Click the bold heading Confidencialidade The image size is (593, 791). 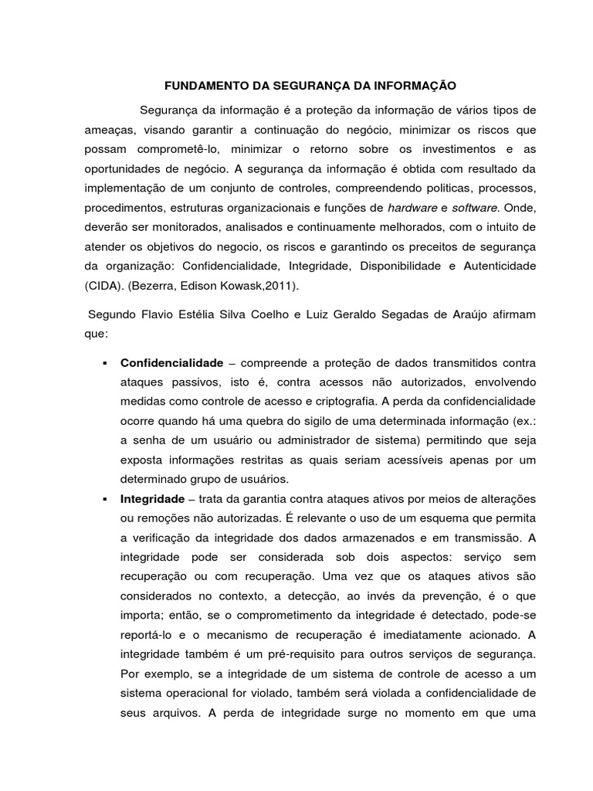[171, 362]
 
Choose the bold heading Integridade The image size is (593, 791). [152, 498]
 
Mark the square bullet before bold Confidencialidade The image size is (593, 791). [103, 362]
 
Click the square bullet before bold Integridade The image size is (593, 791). [103, 498]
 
